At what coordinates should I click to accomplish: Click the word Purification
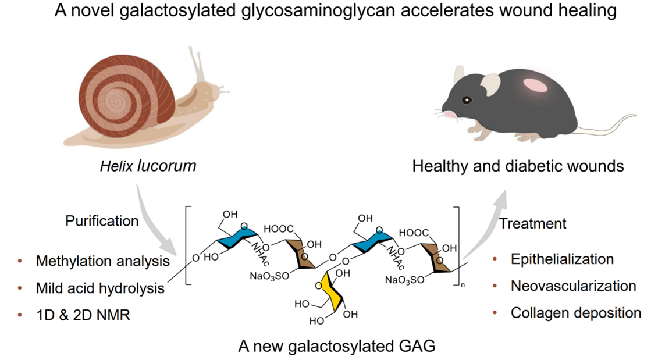(102, 221)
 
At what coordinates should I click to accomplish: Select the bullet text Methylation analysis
(102, 261)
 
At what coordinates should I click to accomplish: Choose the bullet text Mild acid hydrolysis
(100, 288)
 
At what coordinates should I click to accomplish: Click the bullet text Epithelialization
(562, 259)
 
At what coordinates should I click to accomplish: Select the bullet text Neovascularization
(573, 286)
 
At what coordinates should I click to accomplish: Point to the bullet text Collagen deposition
(575, 313)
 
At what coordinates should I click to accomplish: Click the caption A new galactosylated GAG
(337, 346)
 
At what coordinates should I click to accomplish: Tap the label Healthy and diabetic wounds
(518, 166)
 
